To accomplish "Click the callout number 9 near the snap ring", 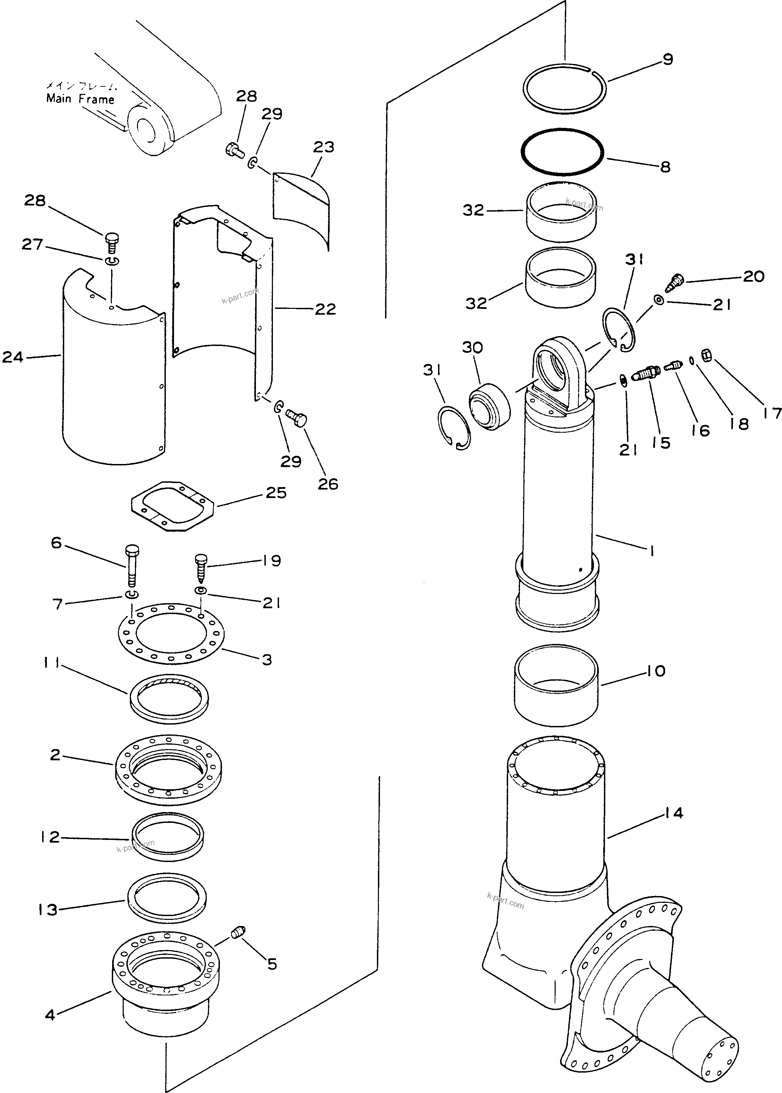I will coord(667,60).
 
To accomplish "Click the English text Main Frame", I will coord(80,99).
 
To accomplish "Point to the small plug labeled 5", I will coord(238,933).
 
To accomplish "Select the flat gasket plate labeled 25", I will coord(172,506).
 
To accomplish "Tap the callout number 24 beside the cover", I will coord(13,357).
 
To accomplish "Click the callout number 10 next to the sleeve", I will coord(656,671).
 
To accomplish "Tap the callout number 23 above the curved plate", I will coord(323,147).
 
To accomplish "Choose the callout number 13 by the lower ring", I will coord(48,910).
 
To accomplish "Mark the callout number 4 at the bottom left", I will coord(50,1015).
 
